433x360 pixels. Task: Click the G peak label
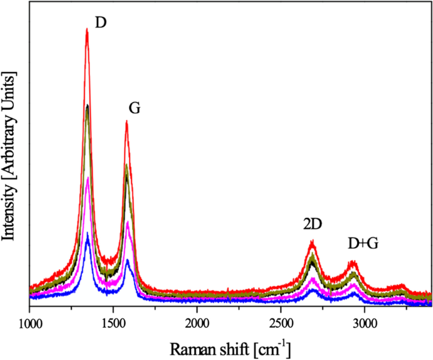pos(134,108)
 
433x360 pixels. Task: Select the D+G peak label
pos(363,243)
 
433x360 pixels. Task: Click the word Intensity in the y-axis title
pos(9,208)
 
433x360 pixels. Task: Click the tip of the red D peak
pos(87,28)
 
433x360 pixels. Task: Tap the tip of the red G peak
pos(126,121)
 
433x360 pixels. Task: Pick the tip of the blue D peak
pos(87,233)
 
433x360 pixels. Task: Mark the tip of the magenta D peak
pos(87,178)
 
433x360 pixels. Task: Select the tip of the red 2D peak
pos(312,241)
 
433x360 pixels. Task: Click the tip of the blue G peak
pos(127,260)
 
